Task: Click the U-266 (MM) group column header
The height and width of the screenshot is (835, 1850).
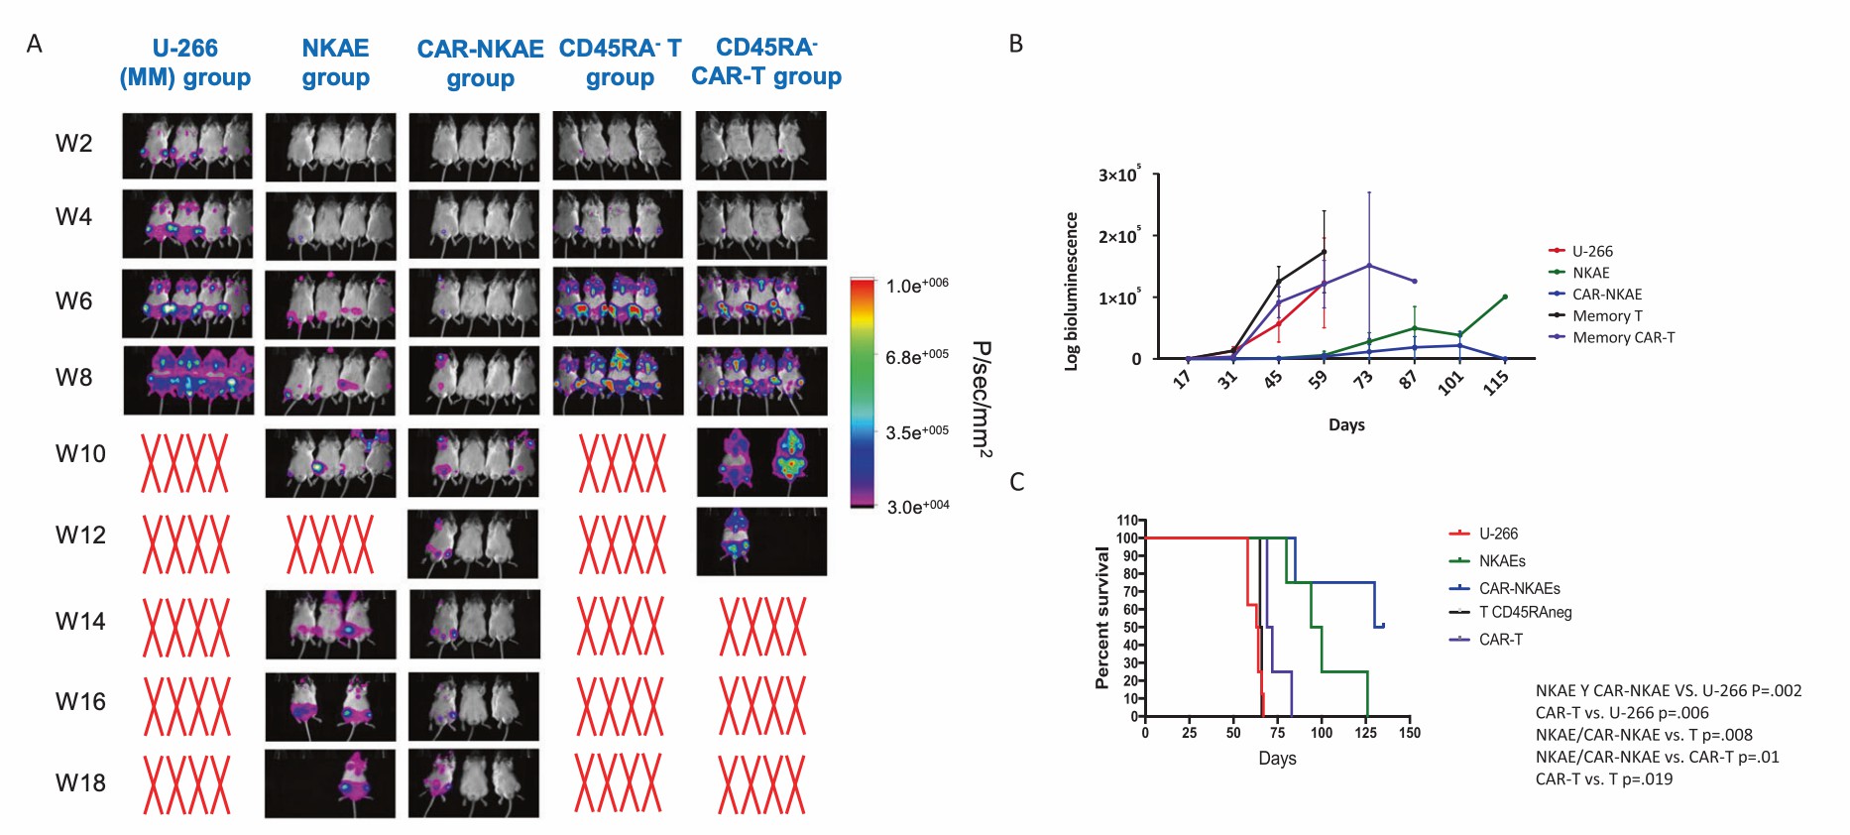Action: (x=185, y=62)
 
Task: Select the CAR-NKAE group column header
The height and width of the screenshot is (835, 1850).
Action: (x=480, y=63)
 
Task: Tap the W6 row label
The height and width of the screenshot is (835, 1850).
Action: (x=73, y=301)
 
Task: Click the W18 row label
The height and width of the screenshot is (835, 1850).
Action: (x=80, y=783)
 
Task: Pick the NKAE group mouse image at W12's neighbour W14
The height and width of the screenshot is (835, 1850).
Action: (x=330, y=624)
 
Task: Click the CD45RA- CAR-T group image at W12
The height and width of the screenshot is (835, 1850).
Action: (x=760, y=541)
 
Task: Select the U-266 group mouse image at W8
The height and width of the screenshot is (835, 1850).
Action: (x=187, y=380)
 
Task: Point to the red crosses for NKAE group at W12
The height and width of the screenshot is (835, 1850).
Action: (x=330, y=544)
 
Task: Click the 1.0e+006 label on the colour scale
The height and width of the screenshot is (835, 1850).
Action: (x=917, y=286)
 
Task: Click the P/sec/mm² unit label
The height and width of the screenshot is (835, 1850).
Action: (x=981, y=399)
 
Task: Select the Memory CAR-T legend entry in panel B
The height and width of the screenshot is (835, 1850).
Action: (x=1623, y=337)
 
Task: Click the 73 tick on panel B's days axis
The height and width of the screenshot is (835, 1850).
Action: (x=1364, y=379)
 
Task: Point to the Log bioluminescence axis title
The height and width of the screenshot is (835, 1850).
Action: (x=1071, y=292)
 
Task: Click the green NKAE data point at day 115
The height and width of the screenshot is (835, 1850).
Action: (x=1505, y=297)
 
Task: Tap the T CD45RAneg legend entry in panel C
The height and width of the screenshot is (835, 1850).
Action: (x=1525, y=612)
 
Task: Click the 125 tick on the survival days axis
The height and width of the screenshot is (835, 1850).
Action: (x=1365, y=733)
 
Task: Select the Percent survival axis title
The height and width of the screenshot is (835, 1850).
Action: (x=1101, y=618)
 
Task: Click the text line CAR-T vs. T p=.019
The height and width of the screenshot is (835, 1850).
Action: (x=1603, y=778)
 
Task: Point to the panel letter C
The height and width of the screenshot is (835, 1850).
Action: (x=1016, y=482)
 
